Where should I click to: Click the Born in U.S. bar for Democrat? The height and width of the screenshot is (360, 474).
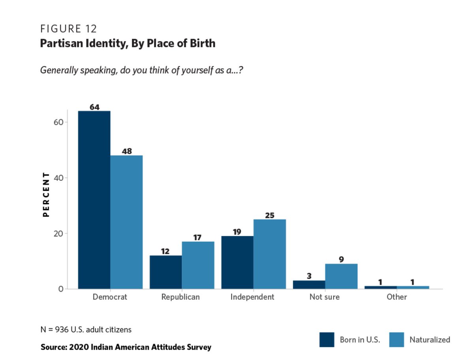[94, 200]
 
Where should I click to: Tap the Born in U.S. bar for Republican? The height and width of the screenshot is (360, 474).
[166, 272]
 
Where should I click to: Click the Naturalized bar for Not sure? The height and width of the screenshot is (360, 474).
[341, 276]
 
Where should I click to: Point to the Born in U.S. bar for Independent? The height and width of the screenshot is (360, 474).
[237, 262]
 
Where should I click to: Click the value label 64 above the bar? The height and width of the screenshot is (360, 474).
[94, 107]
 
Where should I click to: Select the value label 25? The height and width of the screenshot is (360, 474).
[270, 216]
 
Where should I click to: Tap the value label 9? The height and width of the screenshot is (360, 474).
[341, 260]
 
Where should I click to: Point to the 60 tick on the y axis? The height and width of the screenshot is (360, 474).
[58, 122]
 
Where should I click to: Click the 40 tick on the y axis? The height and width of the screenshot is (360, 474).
[58, 178]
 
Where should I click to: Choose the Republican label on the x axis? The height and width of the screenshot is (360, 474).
[181, 297]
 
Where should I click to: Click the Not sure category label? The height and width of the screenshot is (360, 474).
[324, 297]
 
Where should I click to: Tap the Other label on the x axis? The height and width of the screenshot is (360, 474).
[397, 297]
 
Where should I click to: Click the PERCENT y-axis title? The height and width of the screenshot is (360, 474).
[46, 194]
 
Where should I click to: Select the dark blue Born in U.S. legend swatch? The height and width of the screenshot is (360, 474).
[327, 339]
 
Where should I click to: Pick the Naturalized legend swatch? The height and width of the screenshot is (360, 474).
[397, 339]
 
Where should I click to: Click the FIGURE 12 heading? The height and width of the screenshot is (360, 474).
[68, 29]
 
